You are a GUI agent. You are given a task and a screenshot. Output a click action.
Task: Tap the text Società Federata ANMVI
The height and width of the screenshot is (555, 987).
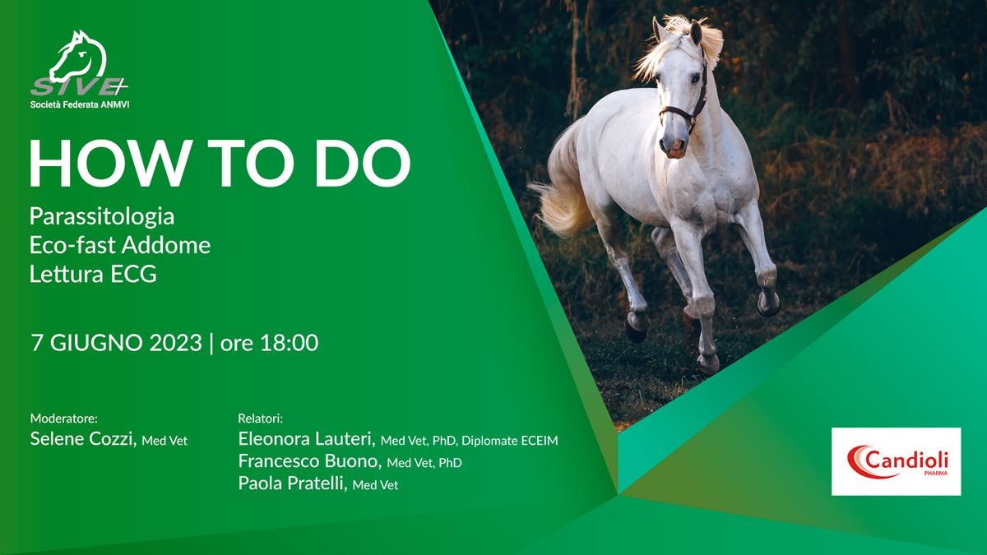tap(80, 105)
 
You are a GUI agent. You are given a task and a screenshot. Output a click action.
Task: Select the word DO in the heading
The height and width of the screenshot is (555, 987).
tap(363, 164)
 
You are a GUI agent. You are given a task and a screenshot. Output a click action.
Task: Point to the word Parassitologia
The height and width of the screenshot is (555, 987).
tap(102, 216)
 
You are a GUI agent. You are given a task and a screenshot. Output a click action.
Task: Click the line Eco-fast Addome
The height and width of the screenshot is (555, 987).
tap(120, 245)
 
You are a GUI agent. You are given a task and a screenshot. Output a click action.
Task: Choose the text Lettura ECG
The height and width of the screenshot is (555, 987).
tap(93, 274)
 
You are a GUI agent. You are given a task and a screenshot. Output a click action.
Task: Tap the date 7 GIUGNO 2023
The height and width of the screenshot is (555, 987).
tap(116, 343)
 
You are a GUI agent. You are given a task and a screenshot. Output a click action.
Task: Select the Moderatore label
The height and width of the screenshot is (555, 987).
tap(64, 418)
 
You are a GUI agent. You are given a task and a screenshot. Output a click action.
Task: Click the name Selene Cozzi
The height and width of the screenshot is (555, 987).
tap(83, 439)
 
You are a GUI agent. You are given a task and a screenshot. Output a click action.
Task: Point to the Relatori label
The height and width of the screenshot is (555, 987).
tap(260, 418)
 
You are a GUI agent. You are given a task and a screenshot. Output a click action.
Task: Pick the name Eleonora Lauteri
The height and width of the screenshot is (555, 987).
tap(307, 439)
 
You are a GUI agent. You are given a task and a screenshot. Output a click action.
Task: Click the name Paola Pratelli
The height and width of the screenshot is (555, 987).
tap(293, 483)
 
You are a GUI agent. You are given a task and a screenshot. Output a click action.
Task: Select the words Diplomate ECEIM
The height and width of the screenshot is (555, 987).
tap(510, 441)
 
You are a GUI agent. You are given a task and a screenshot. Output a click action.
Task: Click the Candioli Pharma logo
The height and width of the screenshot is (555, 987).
tap(897, 461)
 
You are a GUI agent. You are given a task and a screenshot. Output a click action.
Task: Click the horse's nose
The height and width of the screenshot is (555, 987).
tap(674, 146)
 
